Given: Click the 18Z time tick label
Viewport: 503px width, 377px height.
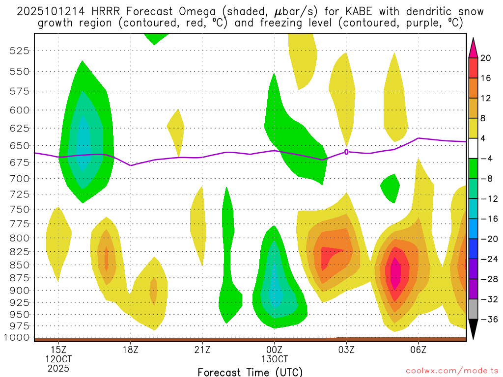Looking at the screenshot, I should pyautogui.click(x=131, y=349).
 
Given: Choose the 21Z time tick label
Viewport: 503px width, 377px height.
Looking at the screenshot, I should pyautogui.click(x=202, y=349).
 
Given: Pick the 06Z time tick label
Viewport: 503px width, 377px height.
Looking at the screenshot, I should pyautogui.click(x=418, y=349).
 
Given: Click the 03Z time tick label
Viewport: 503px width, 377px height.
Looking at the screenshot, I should pyautogui.click(x=346, y=349).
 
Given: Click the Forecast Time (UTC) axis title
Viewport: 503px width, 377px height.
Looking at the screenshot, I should pyautogui.click(x=250, y=372).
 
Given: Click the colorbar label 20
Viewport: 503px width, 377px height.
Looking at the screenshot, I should pyautogui.click(x=486, y=58).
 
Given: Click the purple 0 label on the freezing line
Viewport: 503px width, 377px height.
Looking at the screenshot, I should pyautogui.click(x=346, y=152).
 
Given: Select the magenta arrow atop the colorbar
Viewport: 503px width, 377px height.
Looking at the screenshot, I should pyautogui.click(x=473, y=47).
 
